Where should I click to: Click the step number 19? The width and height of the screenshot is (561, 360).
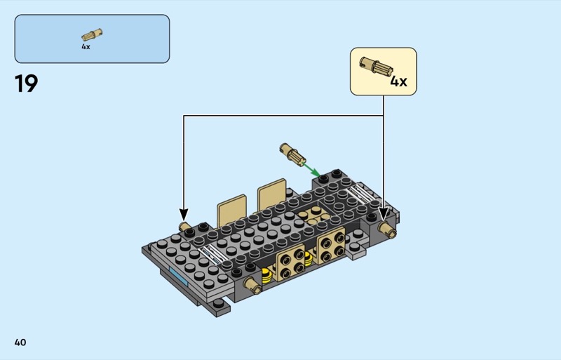(x=26, y=84)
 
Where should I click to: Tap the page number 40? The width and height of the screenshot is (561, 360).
(x=20, y=342)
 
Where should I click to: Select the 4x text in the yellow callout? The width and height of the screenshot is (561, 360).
(x=398, y=81)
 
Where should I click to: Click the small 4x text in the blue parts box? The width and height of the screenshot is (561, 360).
(x=86, y=47)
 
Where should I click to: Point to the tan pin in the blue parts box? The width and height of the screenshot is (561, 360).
(x=91, y=34)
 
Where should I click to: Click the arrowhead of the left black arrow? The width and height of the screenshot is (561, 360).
(x=184, y=213)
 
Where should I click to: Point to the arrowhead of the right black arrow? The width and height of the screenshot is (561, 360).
(x=384, y=213)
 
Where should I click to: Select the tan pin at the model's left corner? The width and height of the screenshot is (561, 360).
(x=187, y=227)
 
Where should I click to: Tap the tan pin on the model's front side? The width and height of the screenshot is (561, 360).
(x=253, y=284)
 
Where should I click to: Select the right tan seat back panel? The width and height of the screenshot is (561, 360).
(x=272, y=194)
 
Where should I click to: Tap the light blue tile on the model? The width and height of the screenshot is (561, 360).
(x=177, y=277)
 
